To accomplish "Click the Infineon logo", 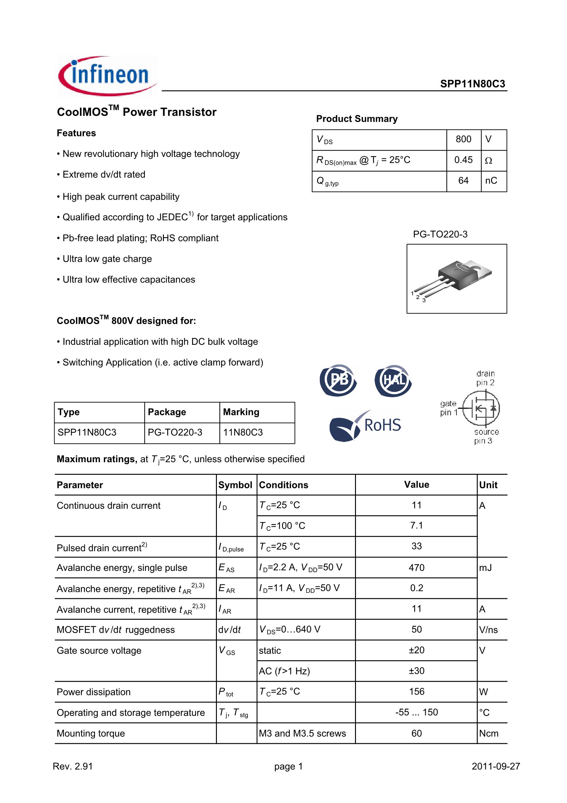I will coord(107,75).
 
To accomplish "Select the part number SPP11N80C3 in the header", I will coord(472,84).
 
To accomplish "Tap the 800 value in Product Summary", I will coord(463,139).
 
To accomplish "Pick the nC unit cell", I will coord(491,181).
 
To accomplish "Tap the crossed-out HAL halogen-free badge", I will coord(393,380).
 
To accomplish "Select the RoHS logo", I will coord(366,425).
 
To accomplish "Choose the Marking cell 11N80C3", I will coord(243,433).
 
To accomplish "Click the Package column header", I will coord(167,412).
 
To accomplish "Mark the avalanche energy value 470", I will coord(416,568).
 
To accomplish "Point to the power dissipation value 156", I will coord(416,692).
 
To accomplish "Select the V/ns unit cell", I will coord(488,630).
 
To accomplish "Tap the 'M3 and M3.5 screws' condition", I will coord(302,733).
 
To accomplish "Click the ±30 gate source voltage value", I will coord(416,671).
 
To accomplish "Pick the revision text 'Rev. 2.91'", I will coord(73,766).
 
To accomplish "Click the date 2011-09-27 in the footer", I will coord(496,766).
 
